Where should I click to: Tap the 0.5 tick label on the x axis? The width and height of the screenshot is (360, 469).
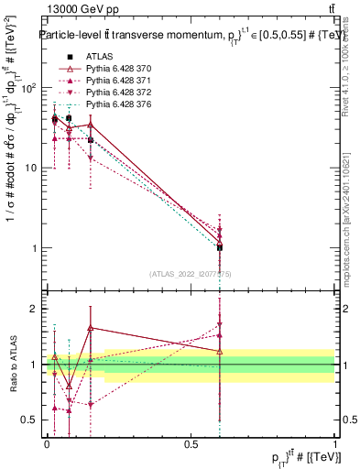point(191,445)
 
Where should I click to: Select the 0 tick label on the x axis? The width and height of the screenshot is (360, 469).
point(47,445)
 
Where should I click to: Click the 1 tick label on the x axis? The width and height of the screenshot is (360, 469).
point(335,445)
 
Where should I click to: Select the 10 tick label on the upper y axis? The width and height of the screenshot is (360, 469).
point(29,168)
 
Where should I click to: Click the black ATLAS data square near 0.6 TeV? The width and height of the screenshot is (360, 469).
point(220,247)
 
